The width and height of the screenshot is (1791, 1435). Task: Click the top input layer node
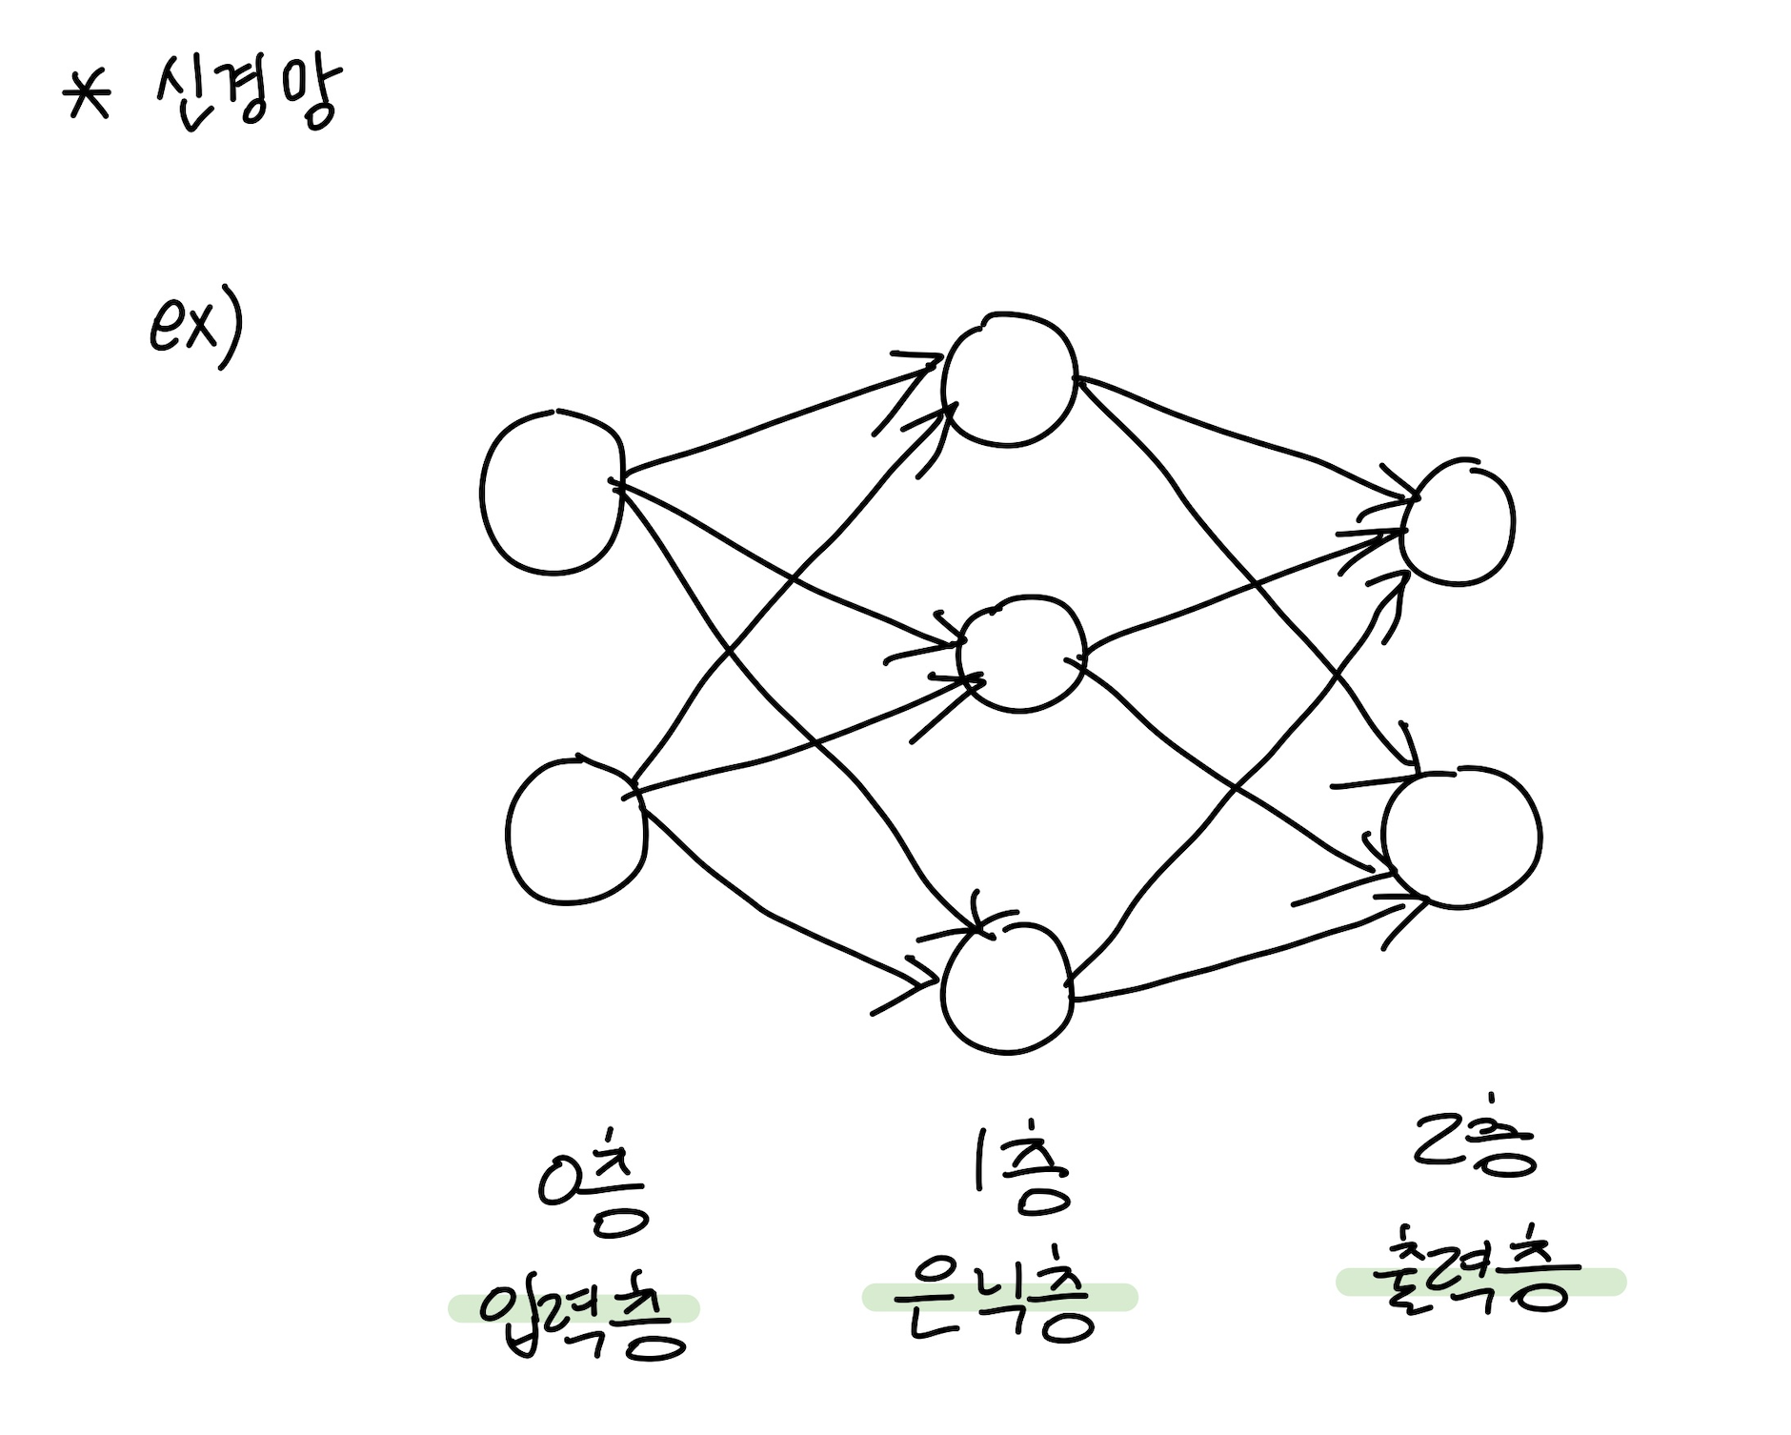pyautogui.click(x=553, y=493)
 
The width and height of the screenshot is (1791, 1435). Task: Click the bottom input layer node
pyautogui.click(x=576, y=831)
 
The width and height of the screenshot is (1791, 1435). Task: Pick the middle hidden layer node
pyautogui.click(x=1022, y=654)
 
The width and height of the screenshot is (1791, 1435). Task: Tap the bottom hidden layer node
pyautogui.click(x=1008, y=988)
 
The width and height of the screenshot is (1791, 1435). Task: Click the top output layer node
pyautogui.click(x=1458, y=523)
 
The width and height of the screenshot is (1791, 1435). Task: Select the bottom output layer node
pyautogui.click(x=1461, y=838)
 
